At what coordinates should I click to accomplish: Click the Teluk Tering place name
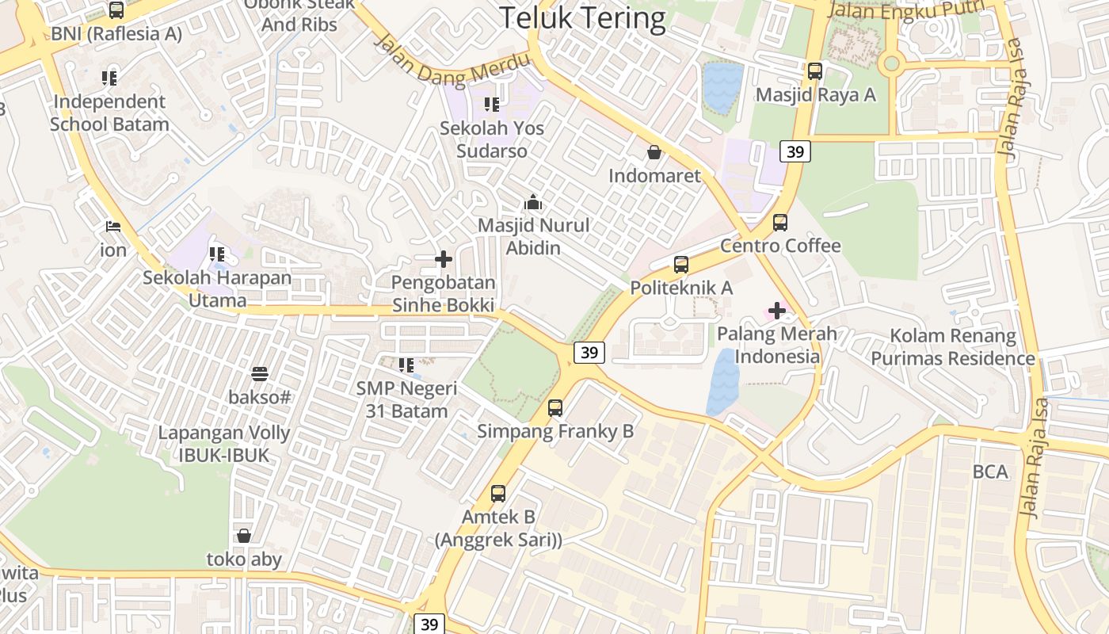point(582,17)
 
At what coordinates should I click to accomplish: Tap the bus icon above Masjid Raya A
point(815,71)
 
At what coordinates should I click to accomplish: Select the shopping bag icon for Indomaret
point(654,152)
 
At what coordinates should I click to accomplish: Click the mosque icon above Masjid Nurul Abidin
point(533,203)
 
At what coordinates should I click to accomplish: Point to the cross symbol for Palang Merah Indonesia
point(777,311)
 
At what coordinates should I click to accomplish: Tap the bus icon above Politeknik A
point(681,265)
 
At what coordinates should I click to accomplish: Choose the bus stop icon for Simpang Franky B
point(555,408)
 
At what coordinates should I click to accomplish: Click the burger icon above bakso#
point(260,373)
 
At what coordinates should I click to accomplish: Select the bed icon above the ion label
point(113,227)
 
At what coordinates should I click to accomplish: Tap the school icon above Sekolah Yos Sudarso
point(492,105)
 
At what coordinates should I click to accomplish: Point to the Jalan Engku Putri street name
point(906,10)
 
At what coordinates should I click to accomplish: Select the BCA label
point(990,472)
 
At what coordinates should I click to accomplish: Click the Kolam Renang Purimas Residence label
point(953,347)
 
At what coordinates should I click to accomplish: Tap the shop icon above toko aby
point(244,536)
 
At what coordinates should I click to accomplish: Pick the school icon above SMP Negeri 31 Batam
point(406,365)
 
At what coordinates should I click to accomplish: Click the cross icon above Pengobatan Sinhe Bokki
point(444,259)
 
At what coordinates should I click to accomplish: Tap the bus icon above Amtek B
point(498,494)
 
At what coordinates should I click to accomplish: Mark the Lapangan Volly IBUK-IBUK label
point(224,445)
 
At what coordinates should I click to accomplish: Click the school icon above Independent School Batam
point(109,78)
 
